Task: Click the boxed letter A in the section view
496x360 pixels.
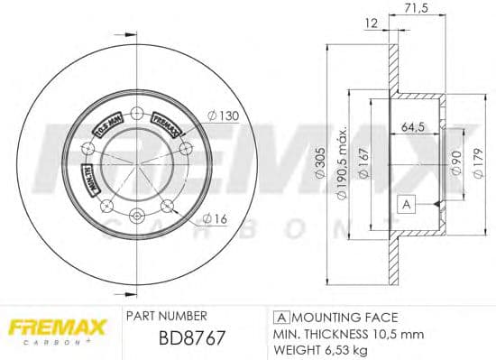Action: point(407,205)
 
